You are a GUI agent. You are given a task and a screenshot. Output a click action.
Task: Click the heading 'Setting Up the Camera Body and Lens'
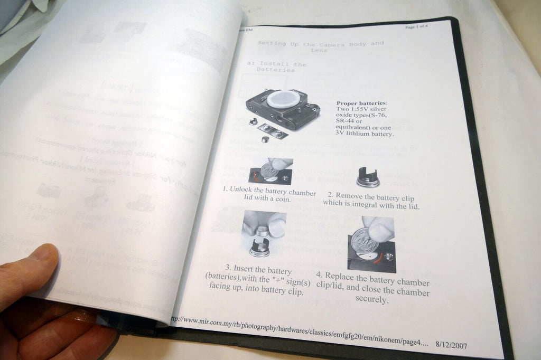pyautogui.click(x=320, y=46)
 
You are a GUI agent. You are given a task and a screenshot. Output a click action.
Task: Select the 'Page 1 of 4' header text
pyautogui.click(x=416, y=27)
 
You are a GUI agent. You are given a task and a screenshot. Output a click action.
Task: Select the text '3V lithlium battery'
pyautogui.click(x=365, y=134)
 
